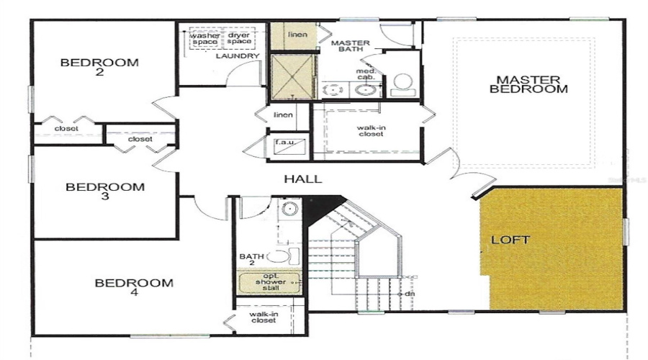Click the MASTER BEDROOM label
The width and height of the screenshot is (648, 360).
click(528, 84)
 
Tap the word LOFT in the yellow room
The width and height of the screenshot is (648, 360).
click(510, 239)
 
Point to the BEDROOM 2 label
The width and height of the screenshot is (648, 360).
click(99, 68)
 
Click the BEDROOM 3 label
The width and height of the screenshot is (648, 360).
click(104, 192)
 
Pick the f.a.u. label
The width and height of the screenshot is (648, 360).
click(283, 143)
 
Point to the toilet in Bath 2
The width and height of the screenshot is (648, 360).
click(279, 256)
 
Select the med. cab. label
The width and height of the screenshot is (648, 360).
click(364, 74)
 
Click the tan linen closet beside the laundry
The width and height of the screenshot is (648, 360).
click(288, 36)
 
